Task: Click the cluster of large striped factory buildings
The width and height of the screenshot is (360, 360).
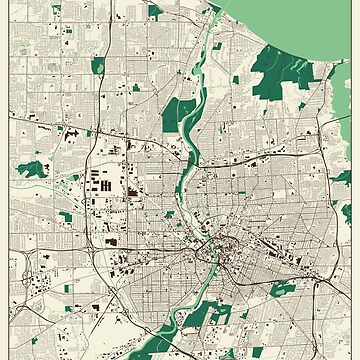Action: [105, 186]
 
